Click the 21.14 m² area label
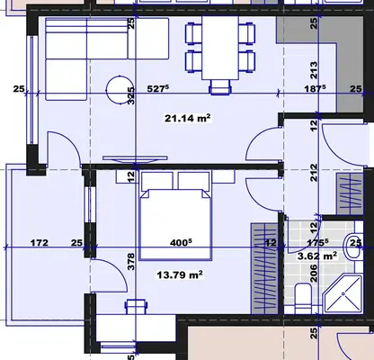(187, 118)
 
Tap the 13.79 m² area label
(180, 274)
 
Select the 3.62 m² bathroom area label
(317, 256)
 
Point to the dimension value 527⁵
(158, 89)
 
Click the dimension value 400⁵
(181, 242)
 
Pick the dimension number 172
(40, 242)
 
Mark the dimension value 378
(131, 262)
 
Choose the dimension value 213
(314, 70)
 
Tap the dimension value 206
(314, 273)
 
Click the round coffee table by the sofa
(120, 90)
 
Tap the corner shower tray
(343, 294)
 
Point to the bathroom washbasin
(353, 247)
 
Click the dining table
(220, 48)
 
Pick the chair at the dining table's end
(221, 87)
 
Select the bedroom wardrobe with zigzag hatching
(264, 268)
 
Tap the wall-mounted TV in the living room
(135, 159)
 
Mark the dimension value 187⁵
(315, 89)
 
